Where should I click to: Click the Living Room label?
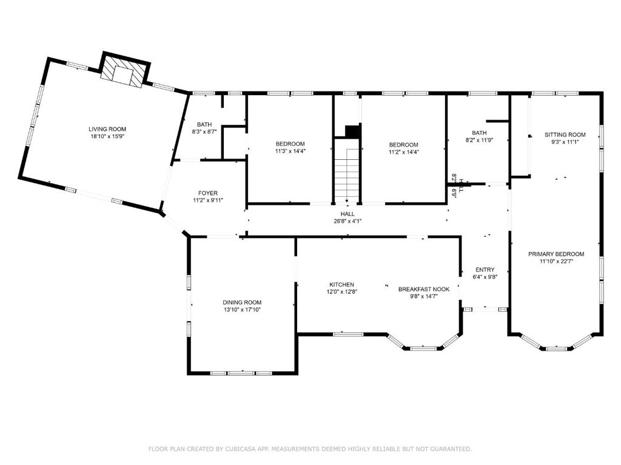tap(107, 129)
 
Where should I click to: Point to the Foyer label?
tap(208, 193)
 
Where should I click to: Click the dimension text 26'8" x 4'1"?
tap(347, 221)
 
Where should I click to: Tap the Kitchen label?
tap(342, 285)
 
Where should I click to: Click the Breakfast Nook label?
tap(424, 289)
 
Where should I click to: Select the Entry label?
tap(485, 269)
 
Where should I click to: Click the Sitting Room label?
tap(565, 134)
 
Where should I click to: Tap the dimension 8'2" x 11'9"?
tap(479, 140)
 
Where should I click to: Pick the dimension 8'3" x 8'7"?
tap(204, 131)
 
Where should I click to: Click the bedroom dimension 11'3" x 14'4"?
tap(290, 151)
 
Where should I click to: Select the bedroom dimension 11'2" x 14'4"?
tap(403, 151)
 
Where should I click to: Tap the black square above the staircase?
tap(352, 131)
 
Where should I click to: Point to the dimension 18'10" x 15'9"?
tap(107, 136)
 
